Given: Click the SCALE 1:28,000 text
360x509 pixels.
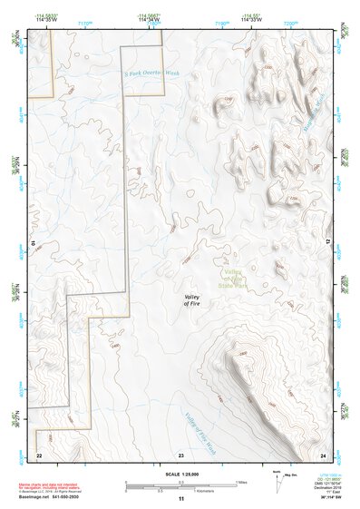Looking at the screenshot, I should point(181,475).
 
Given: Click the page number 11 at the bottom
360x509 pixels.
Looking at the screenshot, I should point(181,498).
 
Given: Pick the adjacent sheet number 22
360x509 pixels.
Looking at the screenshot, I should point(39,454).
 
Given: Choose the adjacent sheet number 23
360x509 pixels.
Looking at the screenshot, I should point(181,454).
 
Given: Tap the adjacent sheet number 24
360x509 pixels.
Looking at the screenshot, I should point(324,454).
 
